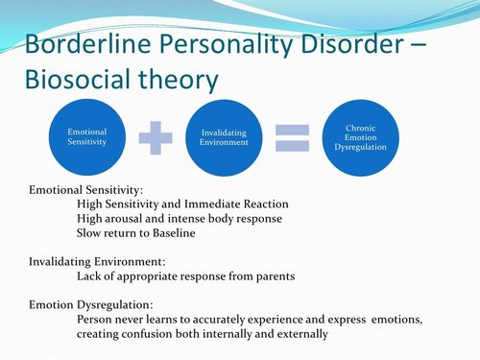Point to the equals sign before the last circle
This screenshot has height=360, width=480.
pyautogui.click(x=291, y=137)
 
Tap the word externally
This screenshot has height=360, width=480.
pyautogui.click(x=300, y=334)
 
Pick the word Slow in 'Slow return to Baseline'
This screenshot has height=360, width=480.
pyautogui.click(x=90, y=233)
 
